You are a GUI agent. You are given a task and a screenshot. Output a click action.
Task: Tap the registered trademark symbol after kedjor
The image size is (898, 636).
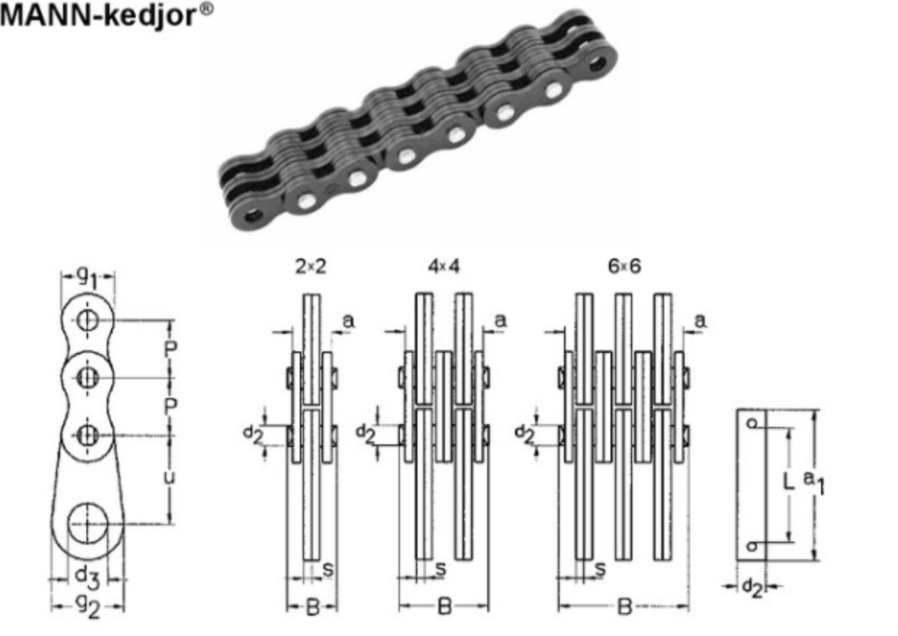coord(207,9)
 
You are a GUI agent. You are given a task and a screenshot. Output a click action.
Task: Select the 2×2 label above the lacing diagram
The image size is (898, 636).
coord(311,266)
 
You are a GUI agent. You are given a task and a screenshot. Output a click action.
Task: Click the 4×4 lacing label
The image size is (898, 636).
coord(444,266)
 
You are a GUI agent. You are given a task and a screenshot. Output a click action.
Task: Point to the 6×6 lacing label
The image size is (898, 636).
coord(624,266)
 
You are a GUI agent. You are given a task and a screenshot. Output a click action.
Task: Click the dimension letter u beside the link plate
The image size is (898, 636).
coord(168,477)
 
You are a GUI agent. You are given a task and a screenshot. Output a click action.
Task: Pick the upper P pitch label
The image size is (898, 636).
coord(170,349)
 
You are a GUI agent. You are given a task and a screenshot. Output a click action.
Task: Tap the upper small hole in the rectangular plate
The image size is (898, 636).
coord(753,423)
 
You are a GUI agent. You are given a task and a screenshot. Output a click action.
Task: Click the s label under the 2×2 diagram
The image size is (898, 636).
coord(327,570)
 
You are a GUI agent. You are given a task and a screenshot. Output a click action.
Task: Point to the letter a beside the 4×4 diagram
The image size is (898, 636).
coord(500,320)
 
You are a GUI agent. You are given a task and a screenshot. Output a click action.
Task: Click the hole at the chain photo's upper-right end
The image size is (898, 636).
coord(598,63)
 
